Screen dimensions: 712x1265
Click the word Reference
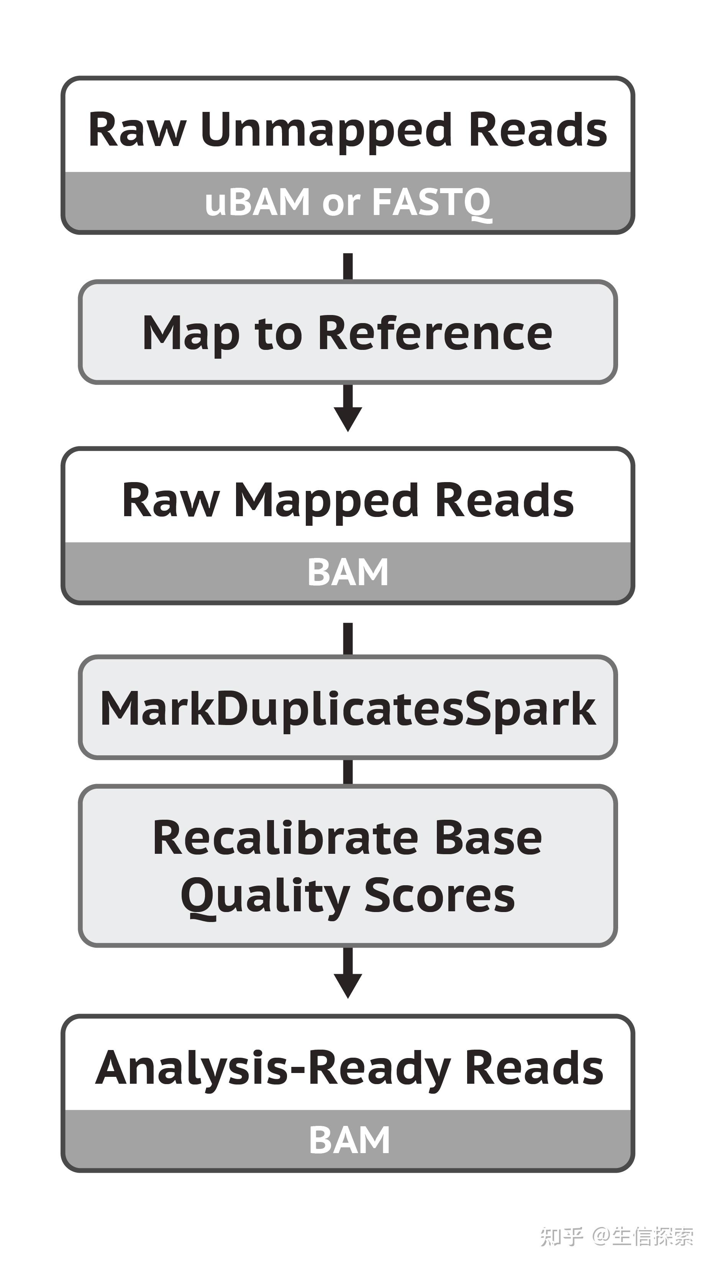tap(435, 333)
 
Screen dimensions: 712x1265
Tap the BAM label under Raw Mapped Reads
tap(348, 572)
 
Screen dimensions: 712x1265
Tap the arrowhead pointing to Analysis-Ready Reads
tap(348, 986)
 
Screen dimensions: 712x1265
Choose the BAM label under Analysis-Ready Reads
tap(349, 1139)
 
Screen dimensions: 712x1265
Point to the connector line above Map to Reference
tap(348, 267)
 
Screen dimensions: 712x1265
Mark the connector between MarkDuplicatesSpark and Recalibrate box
tap(348, 772)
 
